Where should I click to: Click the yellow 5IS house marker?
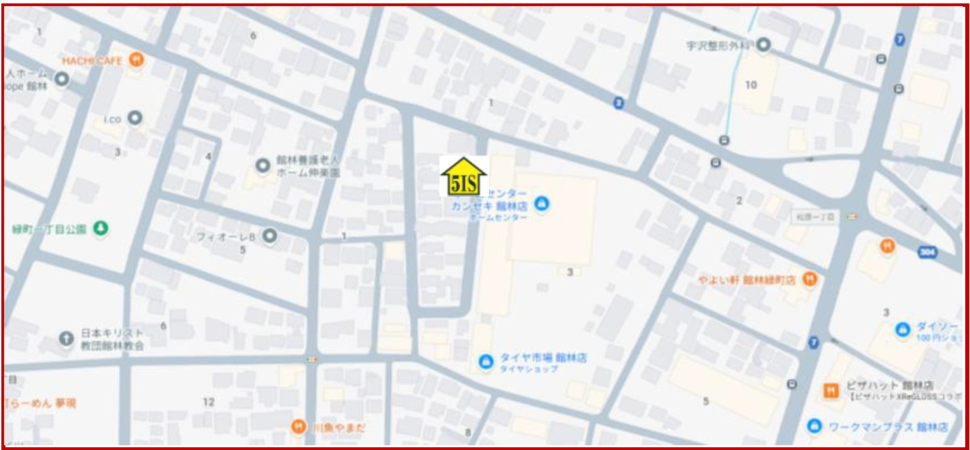465,177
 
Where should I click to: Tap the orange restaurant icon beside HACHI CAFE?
138,60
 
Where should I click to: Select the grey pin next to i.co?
136,118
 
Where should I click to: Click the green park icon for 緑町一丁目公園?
101,228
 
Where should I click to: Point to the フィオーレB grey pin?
270,236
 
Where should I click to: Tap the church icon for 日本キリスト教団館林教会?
66,338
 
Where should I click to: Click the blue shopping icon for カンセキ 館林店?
541,203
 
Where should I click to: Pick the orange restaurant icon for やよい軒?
809,279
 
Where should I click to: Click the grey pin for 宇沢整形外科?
764,46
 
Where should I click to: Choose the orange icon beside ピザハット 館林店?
831,390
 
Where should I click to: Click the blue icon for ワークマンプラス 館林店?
814,426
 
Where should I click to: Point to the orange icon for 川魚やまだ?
298,427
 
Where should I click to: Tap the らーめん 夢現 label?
41,402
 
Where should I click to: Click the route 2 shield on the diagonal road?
618,103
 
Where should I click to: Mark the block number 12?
209,402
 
